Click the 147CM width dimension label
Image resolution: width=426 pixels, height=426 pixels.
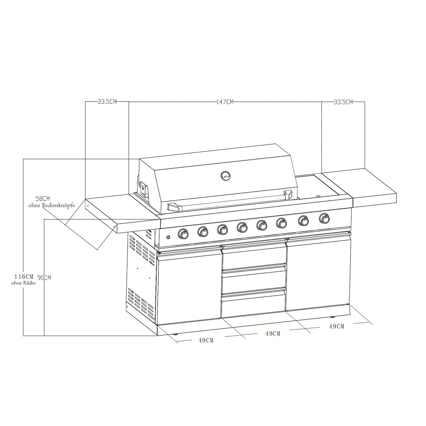click(225, 102)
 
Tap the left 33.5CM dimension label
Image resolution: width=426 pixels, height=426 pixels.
click(107, 102)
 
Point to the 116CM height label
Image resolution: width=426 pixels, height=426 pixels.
click(24, 276)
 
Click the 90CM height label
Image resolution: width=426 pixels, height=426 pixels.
click(44, 278)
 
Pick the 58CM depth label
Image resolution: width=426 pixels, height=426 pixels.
click(43, 198)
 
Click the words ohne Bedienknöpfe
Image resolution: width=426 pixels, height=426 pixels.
click(52, 205)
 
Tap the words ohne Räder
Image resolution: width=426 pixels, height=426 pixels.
click(23, 283)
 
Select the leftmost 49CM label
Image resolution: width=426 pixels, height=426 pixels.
click(206, 340)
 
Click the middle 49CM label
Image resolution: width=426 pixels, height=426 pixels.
click(273, 333)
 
